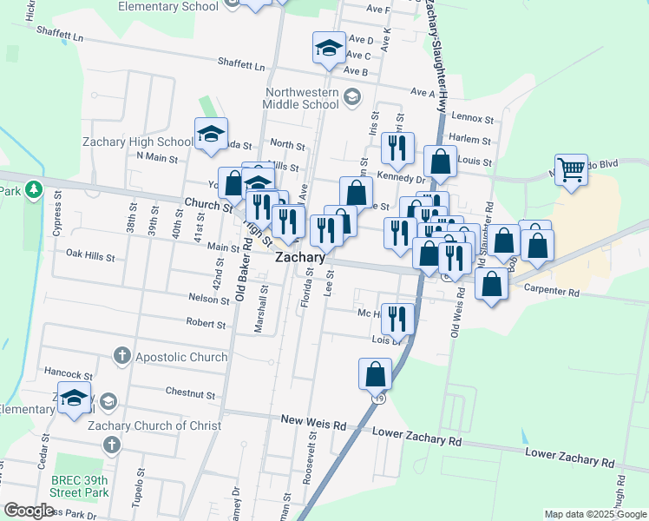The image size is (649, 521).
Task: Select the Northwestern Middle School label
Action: coord(302,98)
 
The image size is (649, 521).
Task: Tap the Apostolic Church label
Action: coord(181,356)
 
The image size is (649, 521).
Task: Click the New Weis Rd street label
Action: coord(313,421)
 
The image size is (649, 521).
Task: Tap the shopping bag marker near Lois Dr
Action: coord(375,373)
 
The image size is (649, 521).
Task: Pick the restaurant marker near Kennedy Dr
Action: coord(397,148)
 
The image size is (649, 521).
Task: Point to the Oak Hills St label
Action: coord(90,255)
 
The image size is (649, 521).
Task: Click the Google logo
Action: coord(29,511)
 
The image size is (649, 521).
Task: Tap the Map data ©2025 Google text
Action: coord(595,514)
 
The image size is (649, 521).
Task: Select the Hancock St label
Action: coord(69,375)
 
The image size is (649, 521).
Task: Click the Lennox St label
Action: coord(472,118)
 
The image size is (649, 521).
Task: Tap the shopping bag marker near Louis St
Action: coord(440,162)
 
